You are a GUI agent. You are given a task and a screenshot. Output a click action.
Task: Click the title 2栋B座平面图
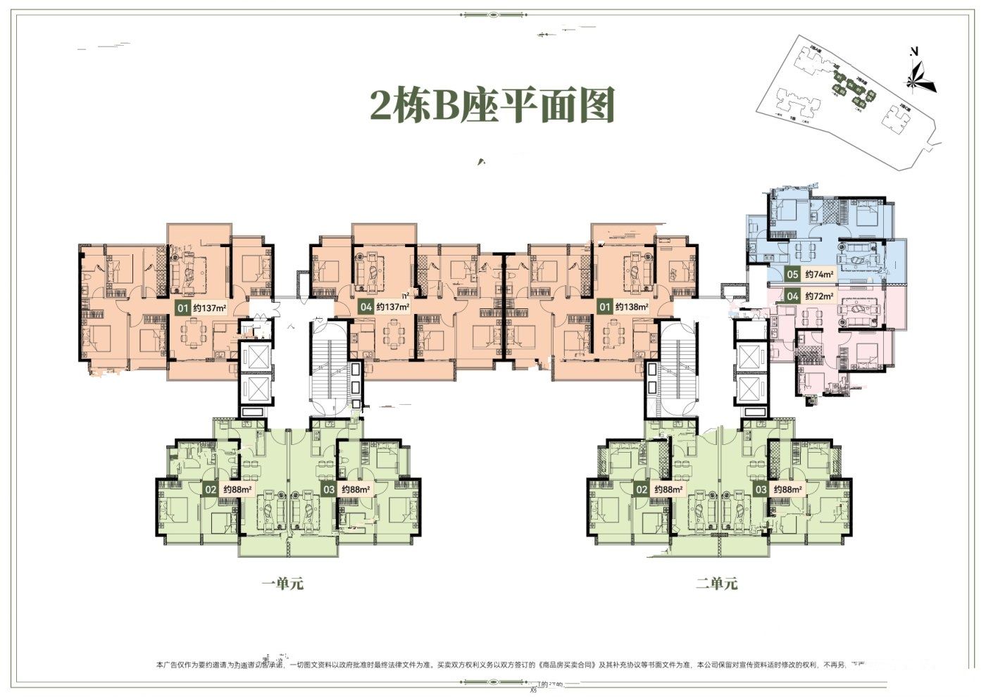point(493,106)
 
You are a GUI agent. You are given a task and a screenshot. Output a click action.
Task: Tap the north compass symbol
point(918,70)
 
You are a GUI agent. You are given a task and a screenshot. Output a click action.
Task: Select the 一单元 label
point(282,584)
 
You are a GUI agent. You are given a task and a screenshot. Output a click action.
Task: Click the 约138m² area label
point(630,307)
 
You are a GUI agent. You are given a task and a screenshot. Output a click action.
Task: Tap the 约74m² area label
point(820,275)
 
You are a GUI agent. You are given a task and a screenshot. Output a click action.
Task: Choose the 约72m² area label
point(820,296)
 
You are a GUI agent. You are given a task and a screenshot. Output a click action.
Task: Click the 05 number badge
point(793,275)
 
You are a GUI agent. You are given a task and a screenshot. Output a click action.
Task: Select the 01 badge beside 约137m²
point(182,308)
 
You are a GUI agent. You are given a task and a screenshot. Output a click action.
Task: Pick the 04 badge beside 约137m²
point(365,307)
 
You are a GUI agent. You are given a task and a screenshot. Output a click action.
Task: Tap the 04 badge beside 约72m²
point(793,296)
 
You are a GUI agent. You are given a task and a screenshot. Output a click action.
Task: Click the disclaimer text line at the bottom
point(493,664)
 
